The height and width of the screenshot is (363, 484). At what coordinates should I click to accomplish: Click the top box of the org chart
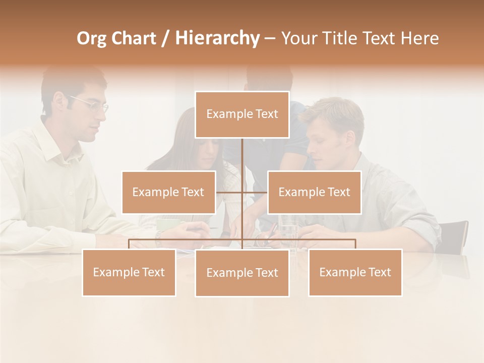242,114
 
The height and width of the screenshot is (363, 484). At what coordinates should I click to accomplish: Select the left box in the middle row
168,192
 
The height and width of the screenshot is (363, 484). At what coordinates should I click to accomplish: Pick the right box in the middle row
314,192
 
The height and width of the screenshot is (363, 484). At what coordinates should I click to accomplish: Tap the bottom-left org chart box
129,272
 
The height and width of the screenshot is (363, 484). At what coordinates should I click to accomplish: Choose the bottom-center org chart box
242,273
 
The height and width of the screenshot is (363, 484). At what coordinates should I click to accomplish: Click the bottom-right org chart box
355,272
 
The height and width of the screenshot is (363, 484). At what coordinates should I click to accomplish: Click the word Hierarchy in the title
217,38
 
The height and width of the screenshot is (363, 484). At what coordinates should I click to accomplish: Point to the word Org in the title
91,38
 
